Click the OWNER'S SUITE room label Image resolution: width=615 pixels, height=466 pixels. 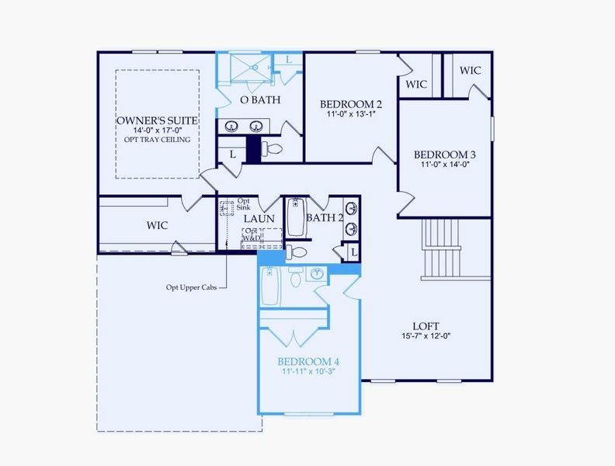coord(157,121)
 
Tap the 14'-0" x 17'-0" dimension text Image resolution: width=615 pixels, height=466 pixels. coord(157,131)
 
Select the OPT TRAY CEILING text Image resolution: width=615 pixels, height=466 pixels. coord(157,141)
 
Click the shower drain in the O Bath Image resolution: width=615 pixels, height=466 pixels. coord(253,67)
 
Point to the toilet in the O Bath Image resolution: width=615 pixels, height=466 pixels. coord(273,148)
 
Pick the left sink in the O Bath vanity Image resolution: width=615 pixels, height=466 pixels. coord(231,126)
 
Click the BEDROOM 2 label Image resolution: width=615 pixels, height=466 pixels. coord(351,104)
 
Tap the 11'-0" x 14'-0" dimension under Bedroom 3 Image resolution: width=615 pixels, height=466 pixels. coord(444,165)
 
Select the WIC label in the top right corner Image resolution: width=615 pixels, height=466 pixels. coord(470,71)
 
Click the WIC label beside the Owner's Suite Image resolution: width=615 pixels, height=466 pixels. coord(158,225)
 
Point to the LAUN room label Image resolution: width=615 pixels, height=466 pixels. coord(259,219)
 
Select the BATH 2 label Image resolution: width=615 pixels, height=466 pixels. coord(325,217)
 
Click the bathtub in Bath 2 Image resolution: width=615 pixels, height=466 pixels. coord(295,218)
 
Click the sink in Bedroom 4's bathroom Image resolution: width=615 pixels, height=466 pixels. coord(317,274)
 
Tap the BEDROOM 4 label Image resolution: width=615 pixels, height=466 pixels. coord(308,362)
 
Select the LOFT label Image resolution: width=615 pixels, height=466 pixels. coord(426,326)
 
